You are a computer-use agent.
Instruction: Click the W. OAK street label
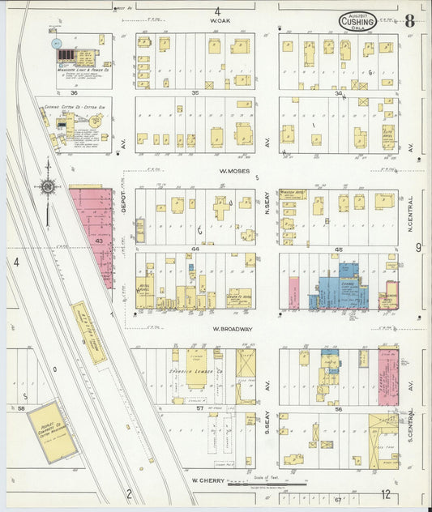coord(216,19)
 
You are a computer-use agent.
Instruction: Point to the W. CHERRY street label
coord(207,480)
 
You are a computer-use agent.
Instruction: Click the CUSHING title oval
coord(357,22)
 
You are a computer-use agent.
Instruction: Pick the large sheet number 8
coord(409,20)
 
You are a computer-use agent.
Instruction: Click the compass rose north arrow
coord(48,188)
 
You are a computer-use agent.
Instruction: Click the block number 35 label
coord(195,93)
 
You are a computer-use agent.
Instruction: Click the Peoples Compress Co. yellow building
coord(53,432)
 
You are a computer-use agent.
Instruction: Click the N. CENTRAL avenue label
coord(410,211)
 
